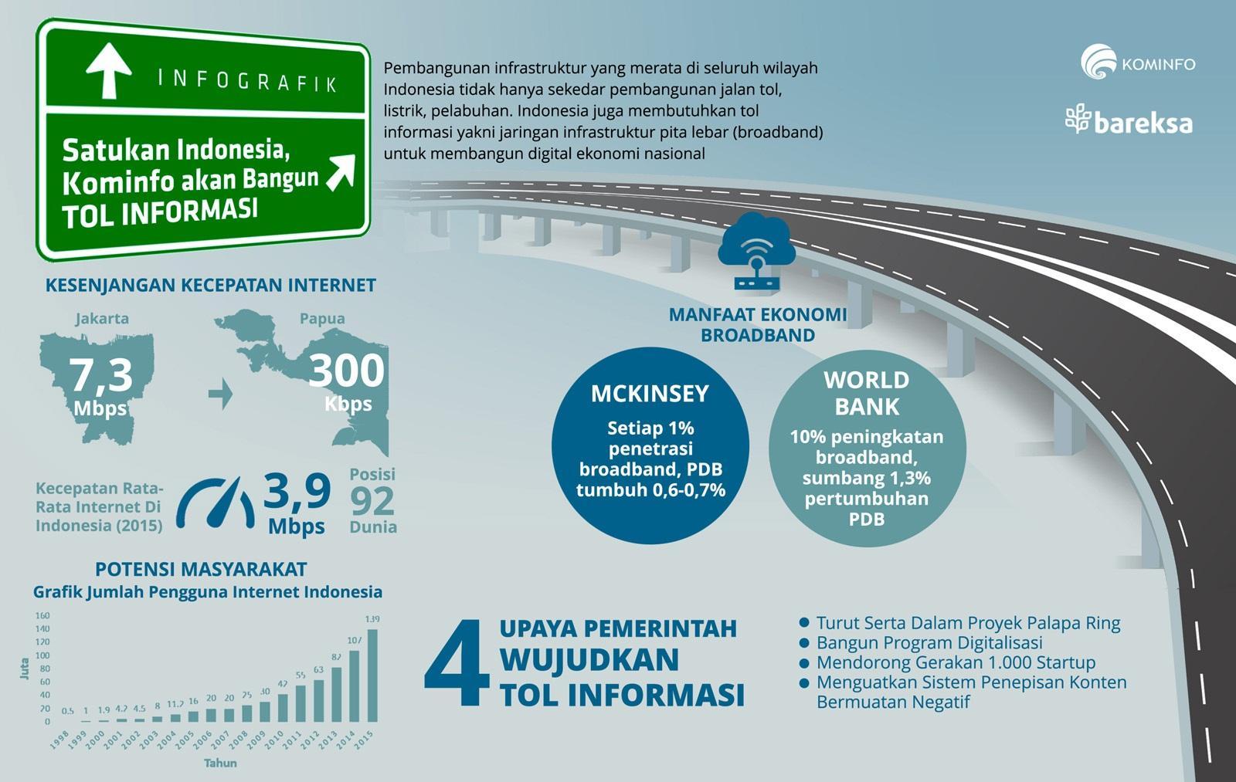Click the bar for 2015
click(372, 675)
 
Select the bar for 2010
click(283, 707)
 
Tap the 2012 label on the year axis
click(309, 740)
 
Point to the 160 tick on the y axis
click(42, 616)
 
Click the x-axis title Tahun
click(220, 763)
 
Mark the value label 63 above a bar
click(318, 670)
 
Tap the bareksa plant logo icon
click(1078, 120)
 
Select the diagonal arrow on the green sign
click(340, 171)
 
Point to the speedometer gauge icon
click(216, 503)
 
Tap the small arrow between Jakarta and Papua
click(221, 393)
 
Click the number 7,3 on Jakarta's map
click(102, 374)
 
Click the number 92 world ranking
click(372, 501)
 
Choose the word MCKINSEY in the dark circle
click(650, 394)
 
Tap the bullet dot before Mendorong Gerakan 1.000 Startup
click(804, 662)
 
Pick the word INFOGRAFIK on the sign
click(247, 80)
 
